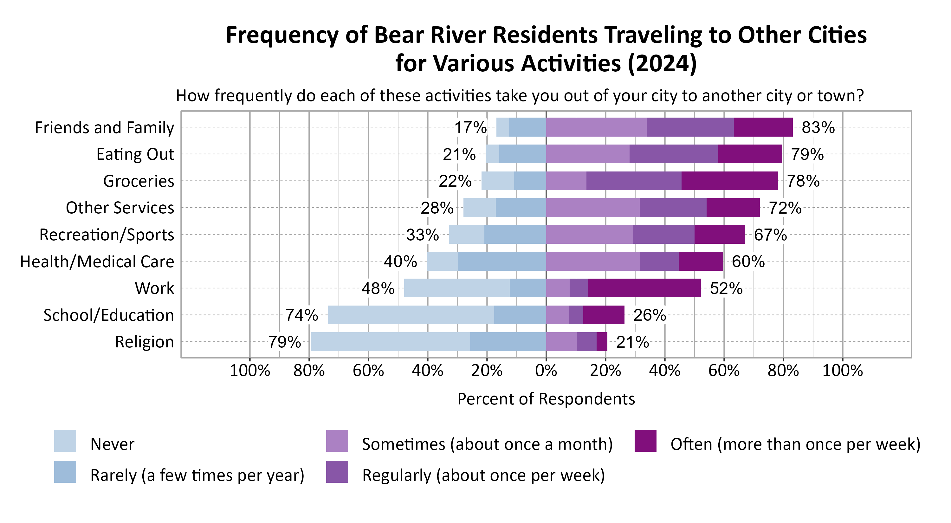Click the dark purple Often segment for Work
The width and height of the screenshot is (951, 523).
coord(644,288)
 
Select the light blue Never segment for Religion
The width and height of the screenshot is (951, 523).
coord(390,342)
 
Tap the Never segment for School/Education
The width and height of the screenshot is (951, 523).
coord(411,315)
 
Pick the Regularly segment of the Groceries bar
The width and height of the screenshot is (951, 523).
coord(633,181)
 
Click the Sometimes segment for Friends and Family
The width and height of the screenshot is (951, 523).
coord(596,127)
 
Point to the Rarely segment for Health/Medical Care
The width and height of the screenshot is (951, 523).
coord(502,261)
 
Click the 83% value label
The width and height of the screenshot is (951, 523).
coord(818,128)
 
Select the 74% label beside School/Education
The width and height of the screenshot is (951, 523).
coord(301,315)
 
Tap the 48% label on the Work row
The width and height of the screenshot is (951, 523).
coord(378,288)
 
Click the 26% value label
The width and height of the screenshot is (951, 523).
coord(650,315)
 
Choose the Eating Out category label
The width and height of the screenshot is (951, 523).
coord(135,154)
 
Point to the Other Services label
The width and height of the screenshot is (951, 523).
coord(120,208)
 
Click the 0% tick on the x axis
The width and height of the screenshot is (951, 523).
coord(546,370)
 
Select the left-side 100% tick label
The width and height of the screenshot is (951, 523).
coord(249,370)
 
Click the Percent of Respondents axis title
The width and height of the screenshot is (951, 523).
coord(546,399)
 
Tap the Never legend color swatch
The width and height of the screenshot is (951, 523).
coord(65,441)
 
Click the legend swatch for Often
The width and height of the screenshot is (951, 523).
coord(645,441)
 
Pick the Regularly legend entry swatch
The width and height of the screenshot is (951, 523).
coord(337,472)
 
